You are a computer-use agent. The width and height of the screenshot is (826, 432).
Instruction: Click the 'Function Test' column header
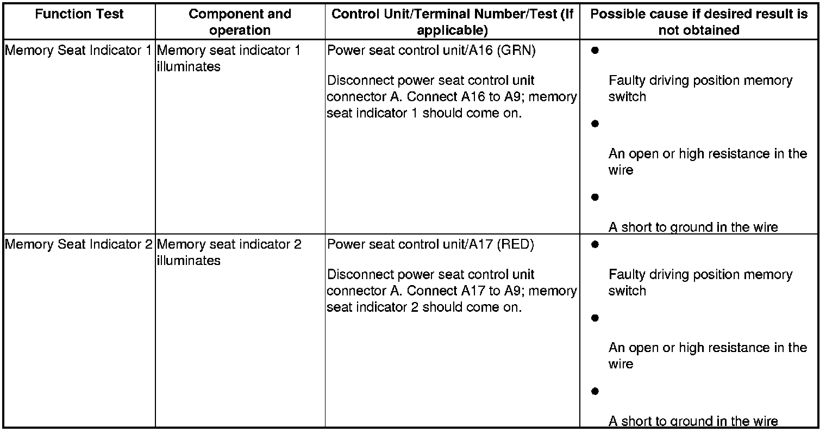79,14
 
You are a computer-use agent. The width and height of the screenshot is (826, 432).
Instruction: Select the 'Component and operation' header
240,22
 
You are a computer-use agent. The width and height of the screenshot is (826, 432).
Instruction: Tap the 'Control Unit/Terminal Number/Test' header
452,22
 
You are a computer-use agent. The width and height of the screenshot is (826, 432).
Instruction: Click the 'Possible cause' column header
699,22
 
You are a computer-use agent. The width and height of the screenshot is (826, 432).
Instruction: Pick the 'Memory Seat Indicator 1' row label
78,51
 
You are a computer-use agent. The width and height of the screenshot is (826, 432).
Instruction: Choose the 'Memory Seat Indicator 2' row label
78,245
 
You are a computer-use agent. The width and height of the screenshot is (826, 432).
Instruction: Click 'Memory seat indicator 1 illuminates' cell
228,59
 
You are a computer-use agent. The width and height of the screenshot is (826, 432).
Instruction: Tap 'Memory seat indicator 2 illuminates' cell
229,252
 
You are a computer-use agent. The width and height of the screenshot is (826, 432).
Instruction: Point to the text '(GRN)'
516,51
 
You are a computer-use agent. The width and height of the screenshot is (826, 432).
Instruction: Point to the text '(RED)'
516,245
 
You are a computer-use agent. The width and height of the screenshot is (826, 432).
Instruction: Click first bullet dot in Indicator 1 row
595,51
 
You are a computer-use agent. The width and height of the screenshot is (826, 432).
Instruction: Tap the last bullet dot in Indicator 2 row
595,391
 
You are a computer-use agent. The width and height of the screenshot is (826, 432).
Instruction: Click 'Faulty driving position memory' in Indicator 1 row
700,81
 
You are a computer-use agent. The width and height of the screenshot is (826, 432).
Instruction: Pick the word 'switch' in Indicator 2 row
627,291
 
